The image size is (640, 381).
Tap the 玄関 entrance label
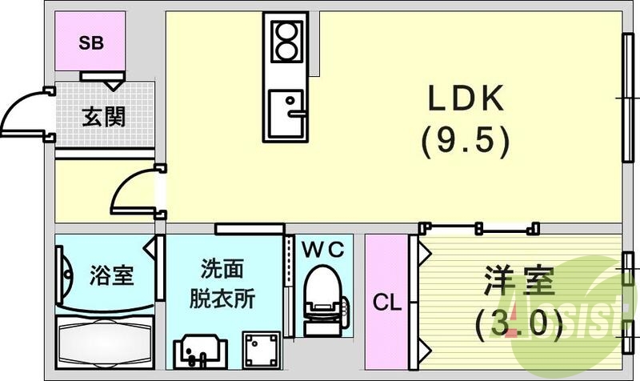click(103, 117)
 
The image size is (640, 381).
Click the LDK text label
click(466, 100)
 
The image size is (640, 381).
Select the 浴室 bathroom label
click(110, 278)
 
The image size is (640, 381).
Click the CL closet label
click(388, 303)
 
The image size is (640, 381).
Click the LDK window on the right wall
click(626, 95)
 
